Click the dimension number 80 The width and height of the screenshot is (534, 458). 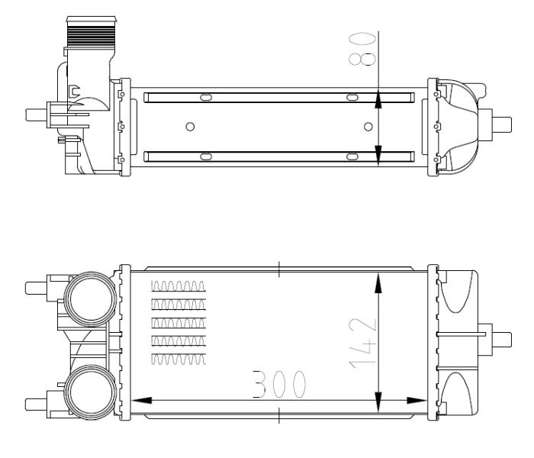[x=362, y=49]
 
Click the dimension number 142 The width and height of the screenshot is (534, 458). [x=363, y=343]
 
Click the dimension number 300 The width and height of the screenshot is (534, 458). [x=279, y=384]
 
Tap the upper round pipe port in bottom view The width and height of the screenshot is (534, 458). [x=91, y=299]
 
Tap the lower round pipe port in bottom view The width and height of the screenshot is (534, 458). [x=91, y=392]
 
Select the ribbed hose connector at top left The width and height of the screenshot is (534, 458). [x=92, y=31]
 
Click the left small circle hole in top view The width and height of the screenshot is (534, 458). [x=190, y=127]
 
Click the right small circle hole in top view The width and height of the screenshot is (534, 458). [x=368, y=127]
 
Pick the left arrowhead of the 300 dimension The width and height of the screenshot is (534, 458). [x=141, y=401]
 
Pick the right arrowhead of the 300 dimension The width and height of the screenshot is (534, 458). [x=417, y=401]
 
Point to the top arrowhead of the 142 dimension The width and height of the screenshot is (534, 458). [x=378, y=283]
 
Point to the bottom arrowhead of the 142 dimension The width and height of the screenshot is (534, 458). [x=378, y=402]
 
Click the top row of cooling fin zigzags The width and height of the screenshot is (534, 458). [x=179, y=286]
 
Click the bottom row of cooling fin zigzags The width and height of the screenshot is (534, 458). [x=179, y=360]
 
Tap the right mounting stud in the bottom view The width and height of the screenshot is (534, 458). [x=501, y=340]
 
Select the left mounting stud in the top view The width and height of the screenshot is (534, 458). [x=36, y=114]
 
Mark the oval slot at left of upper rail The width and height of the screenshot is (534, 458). [x=206, y=98]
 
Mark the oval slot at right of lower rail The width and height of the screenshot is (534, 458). [x=352, y=156]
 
